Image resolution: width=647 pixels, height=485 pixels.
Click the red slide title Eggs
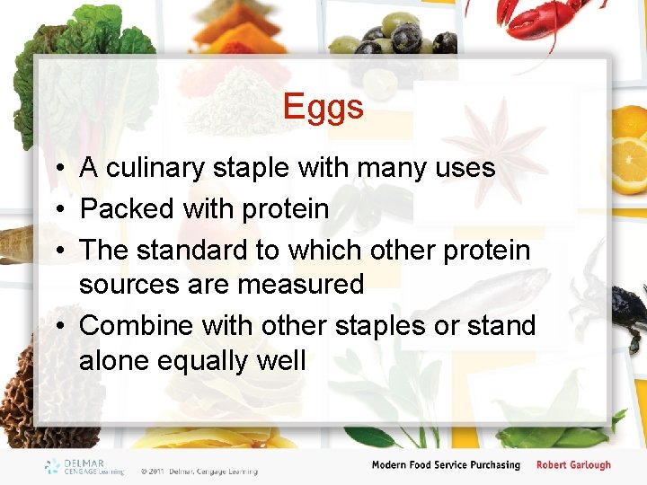coord(323,107)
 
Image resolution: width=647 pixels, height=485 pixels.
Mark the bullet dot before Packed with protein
coord(57,210)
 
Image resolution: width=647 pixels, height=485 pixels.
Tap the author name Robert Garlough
coord(573,465)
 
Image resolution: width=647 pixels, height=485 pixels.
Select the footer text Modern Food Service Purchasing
coord(446,465)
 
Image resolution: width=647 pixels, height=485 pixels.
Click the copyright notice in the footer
coord(199,471)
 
